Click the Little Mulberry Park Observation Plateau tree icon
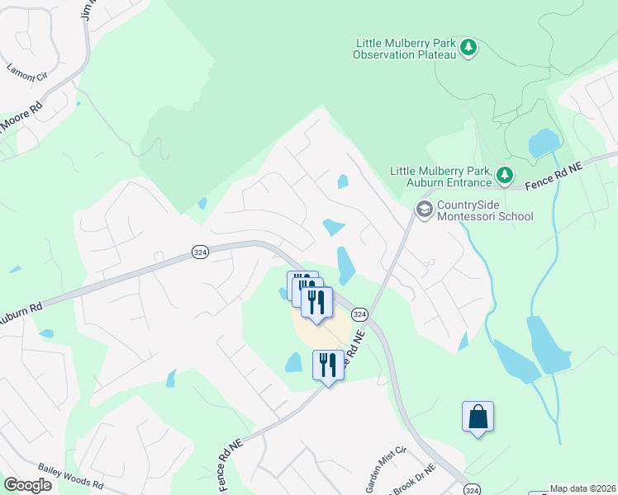[x=469, y=48]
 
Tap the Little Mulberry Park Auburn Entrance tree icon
[x=504, y=175]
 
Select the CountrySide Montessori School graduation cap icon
[x=424, y=210]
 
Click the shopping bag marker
[x=478, y=417]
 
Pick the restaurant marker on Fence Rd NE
[x=328, y=365]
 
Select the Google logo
[x=27, y=485]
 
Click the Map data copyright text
[x=583, y=488]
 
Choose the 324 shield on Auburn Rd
[x=199, y=251]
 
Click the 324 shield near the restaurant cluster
[x=359, y=314]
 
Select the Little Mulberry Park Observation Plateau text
[x=405, y=49]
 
